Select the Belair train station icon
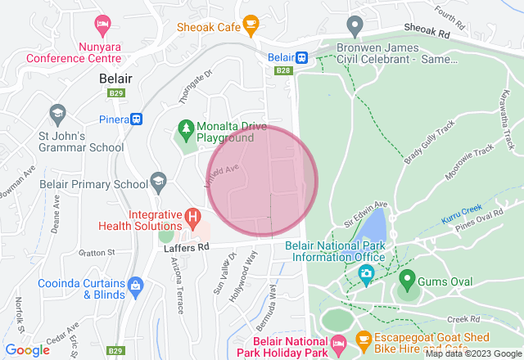pyautogui.click(x=301, y=57)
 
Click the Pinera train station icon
pyautogui.click(x=136, y=119)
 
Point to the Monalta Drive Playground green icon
pyautogui.click(x=186, y=128)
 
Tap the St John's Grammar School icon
pyautogui.click(x=56, y=112)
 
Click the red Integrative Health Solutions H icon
pyautogui.click(x=192, y=218)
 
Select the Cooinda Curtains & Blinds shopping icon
pyautogui.click(x=135, y=286)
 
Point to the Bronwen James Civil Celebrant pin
pyautogui.click(x=355, y=25)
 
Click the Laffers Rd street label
pyautogui.click(x=187, y=245)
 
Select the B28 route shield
pyautogui.click(x=283, y=71)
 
